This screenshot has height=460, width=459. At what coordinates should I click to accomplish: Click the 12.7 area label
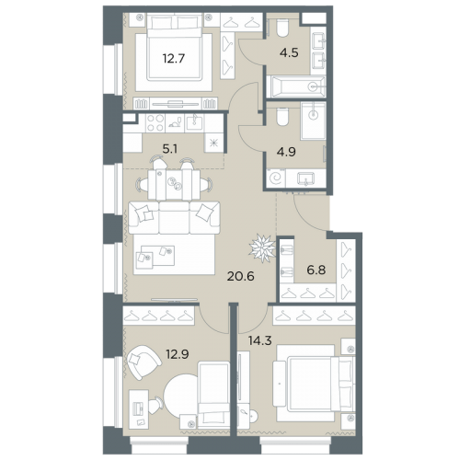coord(174,58)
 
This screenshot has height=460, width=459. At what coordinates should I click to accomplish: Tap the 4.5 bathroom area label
coord(289,52)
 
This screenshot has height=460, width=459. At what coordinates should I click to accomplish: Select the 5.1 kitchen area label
coord(169,149)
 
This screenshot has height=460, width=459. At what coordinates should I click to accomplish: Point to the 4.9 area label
coord(286,152)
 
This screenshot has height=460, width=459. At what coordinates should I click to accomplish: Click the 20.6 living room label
coord(241,276)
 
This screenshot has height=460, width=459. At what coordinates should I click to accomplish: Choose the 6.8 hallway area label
coord(316,270)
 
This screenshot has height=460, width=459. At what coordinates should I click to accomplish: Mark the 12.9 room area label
coord(178,354)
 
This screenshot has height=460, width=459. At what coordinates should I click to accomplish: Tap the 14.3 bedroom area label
coord(260,340)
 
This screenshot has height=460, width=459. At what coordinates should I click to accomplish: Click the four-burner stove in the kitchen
coord(155,122)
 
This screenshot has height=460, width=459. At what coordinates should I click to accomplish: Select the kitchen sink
coord(194,122)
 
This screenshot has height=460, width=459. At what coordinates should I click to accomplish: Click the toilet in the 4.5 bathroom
coord(282,29)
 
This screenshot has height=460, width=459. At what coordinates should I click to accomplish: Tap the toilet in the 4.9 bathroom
coord(282,117)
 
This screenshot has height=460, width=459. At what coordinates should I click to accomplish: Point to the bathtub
coord(296,86)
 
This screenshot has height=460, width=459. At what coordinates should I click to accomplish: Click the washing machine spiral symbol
coord(276,178)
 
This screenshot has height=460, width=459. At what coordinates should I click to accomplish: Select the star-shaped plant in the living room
coord(262,247)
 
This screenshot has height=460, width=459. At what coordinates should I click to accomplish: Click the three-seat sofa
coord(174,217)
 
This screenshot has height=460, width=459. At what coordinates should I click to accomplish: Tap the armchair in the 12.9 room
coord(143,362)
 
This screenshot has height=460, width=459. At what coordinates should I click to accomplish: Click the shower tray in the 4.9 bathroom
coord(313,121)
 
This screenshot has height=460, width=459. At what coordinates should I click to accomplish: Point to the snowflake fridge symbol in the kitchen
coord(213,143)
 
